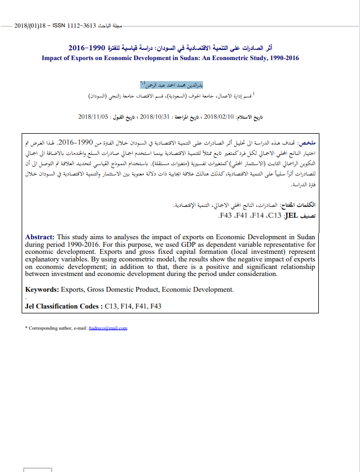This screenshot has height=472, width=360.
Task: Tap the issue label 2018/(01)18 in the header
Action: [x=30, y=25]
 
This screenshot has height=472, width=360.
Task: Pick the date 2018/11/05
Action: [x=94, y=116]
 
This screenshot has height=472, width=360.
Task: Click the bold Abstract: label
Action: [x=40, y=237]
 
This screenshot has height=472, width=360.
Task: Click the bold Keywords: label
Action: [x=42, y=290]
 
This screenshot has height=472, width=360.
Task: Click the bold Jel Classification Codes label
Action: [x=63, y=306]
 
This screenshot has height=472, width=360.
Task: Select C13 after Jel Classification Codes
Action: [x=112, y=306]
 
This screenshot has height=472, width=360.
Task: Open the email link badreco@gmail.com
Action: [x=108, y=328]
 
